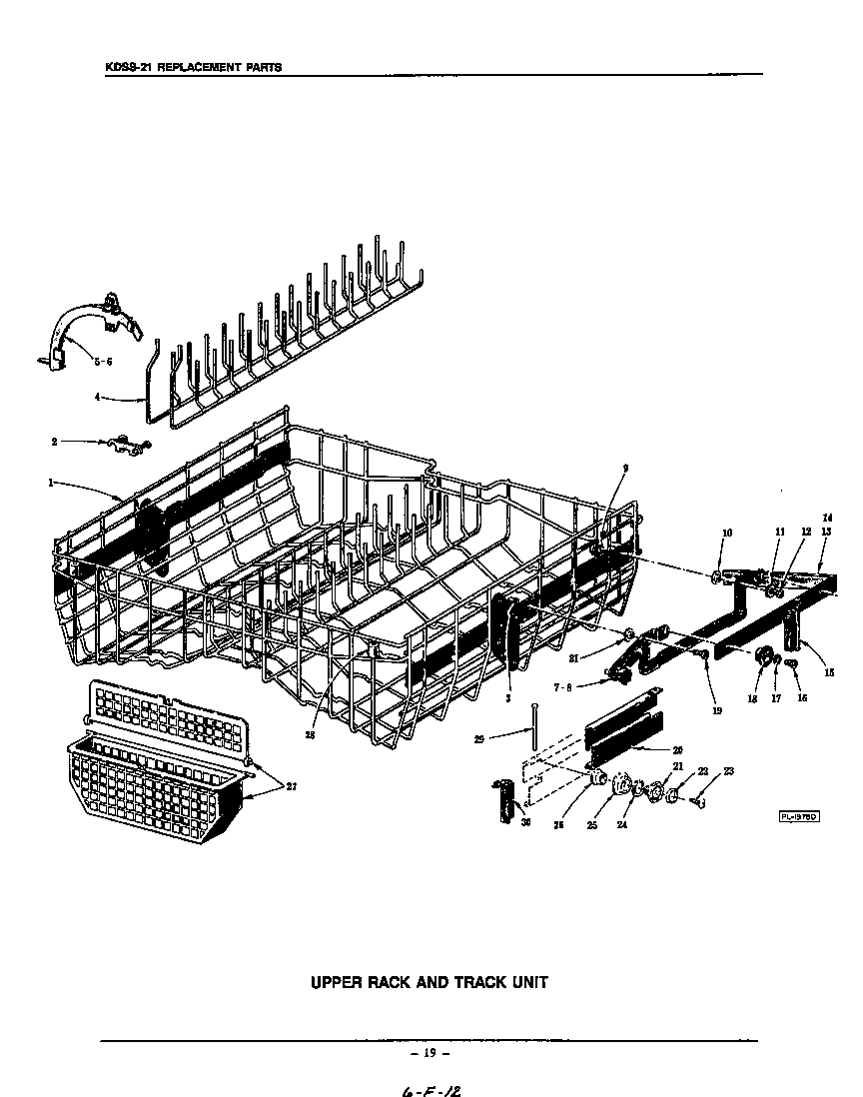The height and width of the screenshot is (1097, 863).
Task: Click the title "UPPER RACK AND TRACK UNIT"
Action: pyautogui.click(x=430, y=982)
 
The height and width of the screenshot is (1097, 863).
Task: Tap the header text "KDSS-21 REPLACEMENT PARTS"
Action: pyautogui.click(x=194, y=67)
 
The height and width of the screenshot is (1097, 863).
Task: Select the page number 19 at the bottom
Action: pyautogui.click(x=431, y=1052)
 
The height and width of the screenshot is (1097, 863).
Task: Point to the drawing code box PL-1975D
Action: pyautogui.click(x=799, y=816)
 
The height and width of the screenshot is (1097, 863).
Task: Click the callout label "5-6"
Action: pyautogui.click(x=103, y=363)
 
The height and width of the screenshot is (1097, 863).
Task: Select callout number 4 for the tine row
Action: pyautogui.click(x=97, y=397)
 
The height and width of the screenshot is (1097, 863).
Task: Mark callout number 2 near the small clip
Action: pyautogui.click(x=54, y=440)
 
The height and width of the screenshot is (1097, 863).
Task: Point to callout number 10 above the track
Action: pyautogui.click(x=726, y=534)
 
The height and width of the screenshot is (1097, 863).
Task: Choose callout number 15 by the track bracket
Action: pyautogui.click(x=830, y=672)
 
